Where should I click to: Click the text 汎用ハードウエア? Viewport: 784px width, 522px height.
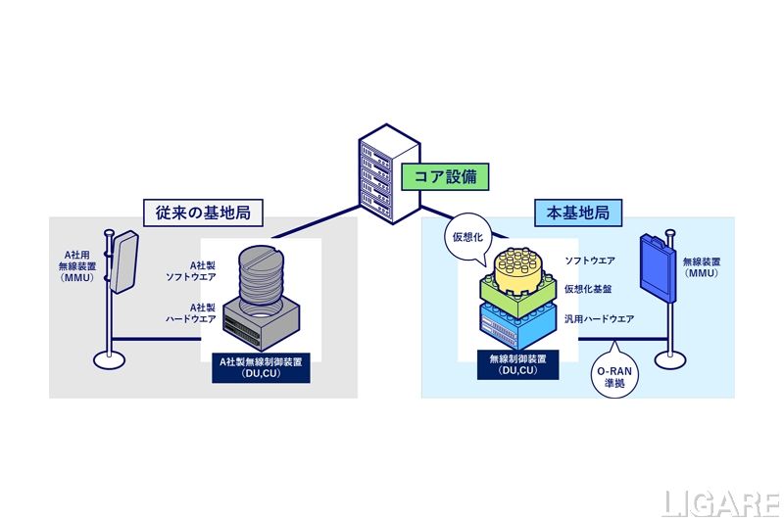point(599,319)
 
